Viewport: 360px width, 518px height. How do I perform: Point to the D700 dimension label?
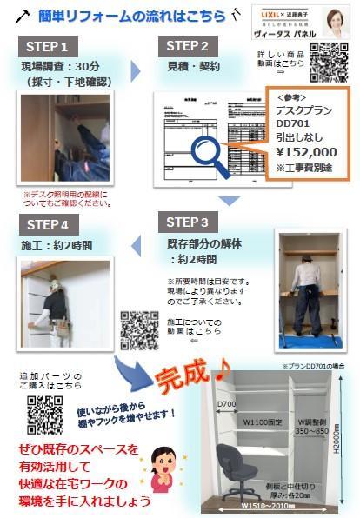(226, 404)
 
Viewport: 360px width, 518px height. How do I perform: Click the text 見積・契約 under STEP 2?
(189, 66)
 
